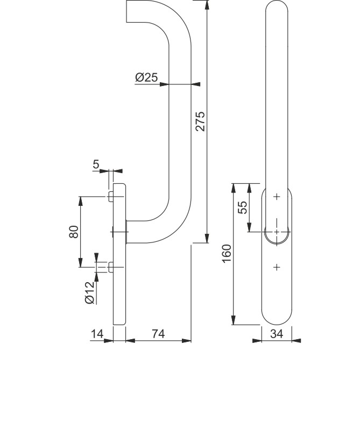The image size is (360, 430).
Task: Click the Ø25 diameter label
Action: [x=146, y=77]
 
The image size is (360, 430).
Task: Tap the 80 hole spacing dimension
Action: [x=74, y=232]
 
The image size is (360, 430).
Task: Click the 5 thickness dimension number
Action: [x=96, y=164]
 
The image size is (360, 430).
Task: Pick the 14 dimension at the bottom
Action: [x=97, y=334]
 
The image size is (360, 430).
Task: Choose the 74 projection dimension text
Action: [x=158, y=334]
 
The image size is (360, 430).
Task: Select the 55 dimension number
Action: [x=243, y=207]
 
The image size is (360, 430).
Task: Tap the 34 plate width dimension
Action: [x=277, y=334]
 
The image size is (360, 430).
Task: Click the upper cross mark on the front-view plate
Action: [x=277, y=197]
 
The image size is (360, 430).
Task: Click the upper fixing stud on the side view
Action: [x=110, y=196]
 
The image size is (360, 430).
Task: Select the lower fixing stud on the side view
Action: [x=110, y=267]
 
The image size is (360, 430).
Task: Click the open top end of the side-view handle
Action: [x=128, y=12]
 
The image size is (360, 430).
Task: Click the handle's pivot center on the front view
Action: [x=277, y=232]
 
